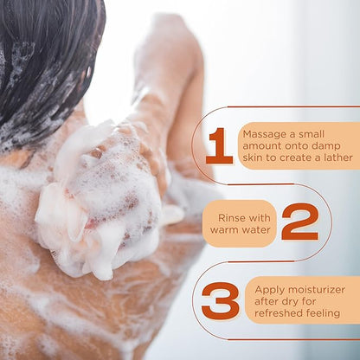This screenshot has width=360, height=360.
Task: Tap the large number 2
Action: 299,222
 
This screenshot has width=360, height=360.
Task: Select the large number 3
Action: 221,301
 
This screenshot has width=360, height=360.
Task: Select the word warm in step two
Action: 222,230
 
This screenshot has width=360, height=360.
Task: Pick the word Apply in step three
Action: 269,290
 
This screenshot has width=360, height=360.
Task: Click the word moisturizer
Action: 316,290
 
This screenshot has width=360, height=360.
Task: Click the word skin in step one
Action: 253,157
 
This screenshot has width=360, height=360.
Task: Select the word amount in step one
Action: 262,146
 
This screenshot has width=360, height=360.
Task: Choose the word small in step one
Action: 312,134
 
